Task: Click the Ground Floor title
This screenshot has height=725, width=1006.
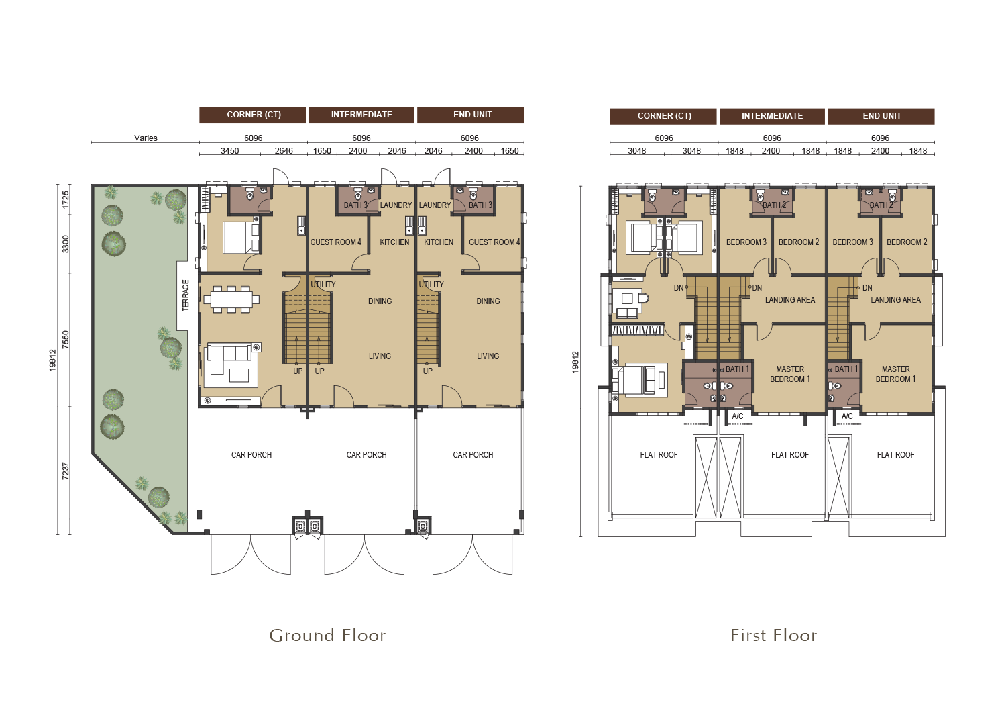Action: pos(327,636)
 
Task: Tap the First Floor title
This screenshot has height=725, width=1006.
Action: pos(773,636)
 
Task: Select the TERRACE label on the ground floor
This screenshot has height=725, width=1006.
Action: pos(186,295)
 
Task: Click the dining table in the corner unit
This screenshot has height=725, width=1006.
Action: pos(231,299)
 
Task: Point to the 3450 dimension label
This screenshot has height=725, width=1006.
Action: pos(229,151)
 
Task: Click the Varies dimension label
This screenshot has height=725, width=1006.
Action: pos(146,138)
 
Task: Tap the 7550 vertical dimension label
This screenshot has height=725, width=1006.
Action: pos(66,340)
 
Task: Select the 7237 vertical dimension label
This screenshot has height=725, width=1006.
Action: pos(66,471)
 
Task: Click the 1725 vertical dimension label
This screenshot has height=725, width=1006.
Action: pos(66,199)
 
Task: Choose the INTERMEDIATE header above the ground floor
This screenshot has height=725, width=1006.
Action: pos(361,115)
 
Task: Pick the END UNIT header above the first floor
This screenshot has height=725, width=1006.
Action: pos(882,116)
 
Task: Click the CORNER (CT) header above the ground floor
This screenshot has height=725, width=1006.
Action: pos(254,115)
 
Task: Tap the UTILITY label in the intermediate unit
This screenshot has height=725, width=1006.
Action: pos(323,285)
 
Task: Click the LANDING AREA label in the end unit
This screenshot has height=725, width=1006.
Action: pos(895,300)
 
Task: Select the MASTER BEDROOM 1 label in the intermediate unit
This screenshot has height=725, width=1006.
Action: pos(790,374)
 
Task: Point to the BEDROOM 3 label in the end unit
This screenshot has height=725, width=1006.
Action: pos(852,242)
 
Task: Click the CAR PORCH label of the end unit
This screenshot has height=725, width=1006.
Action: pos(473,455)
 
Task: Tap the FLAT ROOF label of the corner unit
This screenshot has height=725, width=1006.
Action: pos(659,455)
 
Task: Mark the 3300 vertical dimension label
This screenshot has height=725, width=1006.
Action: pos(66,244)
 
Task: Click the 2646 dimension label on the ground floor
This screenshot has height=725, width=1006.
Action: pos(284,151)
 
